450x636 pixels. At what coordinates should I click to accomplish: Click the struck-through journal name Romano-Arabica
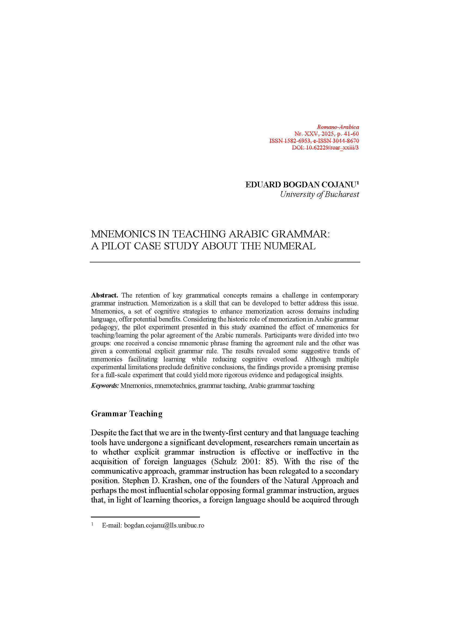pyautogui.click(x=338, y=127)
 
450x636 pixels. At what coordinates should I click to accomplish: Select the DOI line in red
pyautogui.click(x=325, y=148)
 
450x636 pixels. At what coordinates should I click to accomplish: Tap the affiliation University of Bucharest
pyautogui.click(x=319, y=194)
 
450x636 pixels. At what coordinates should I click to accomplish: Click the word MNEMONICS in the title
pyautogui.click(x=123, y=234)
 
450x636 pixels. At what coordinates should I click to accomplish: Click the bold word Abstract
pyautogui.click(x=104, y=295)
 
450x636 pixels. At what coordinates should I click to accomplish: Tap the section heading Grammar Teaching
pyautogui.click(x=127, y=414)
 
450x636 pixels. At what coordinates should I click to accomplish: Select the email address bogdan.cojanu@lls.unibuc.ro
pyautogui.click(x=164, y=526)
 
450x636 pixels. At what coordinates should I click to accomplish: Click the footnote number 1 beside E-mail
pyautogui.click(x=92, y=524)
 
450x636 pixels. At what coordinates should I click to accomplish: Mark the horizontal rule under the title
pyautogui.click(x=225, y=262)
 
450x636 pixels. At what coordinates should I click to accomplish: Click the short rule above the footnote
pyautogui.click(x=145, y=517)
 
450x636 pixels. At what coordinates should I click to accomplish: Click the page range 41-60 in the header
pyautogui.click(x=351, y=134)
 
